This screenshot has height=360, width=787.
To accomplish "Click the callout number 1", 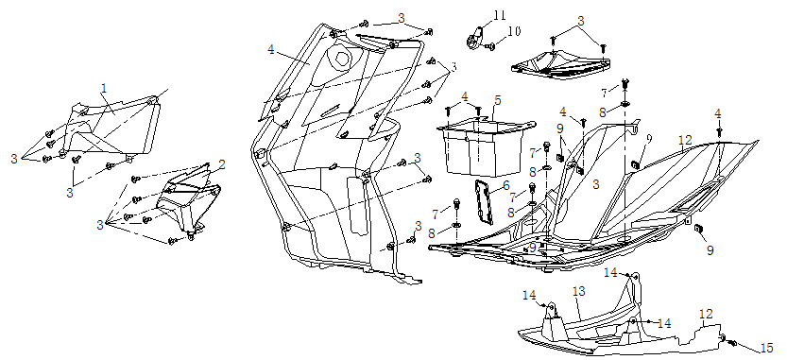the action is click(x=104, y=89).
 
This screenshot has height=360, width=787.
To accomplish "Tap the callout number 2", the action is click(x=222, y=164).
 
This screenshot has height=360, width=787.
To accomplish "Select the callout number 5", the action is click(x=497, y=100).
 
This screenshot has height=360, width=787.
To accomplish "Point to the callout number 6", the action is click(x=506, y=185).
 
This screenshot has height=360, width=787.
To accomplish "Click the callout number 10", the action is click(x=514, y=31).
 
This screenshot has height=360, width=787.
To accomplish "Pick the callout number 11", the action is click(x=499, y=15).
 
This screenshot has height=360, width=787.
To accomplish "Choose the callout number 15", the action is click(x=766, y=348).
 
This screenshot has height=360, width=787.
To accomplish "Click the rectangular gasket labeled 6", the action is click(x=484, y=202).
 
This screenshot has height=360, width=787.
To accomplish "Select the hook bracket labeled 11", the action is click(x=475, y=38).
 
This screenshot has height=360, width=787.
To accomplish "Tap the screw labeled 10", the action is click(x=490, y=46).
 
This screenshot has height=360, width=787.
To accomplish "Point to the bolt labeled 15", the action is click(x=731, y=343).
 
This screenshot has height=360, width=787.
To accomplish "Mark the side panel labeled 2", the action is click(x=188, y=201).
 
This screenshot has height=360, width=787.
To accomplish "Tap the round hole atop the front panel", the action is click(x=342, y=59).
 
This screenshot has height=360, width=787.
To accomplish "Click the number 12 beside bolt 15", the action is click(x=706, y=315).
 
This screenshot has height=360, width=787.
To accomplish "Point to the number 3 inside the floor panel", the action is click(x=595, y=185).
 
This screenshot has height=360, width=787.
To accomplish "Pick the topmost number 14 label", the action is click(x=610, y=272).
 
